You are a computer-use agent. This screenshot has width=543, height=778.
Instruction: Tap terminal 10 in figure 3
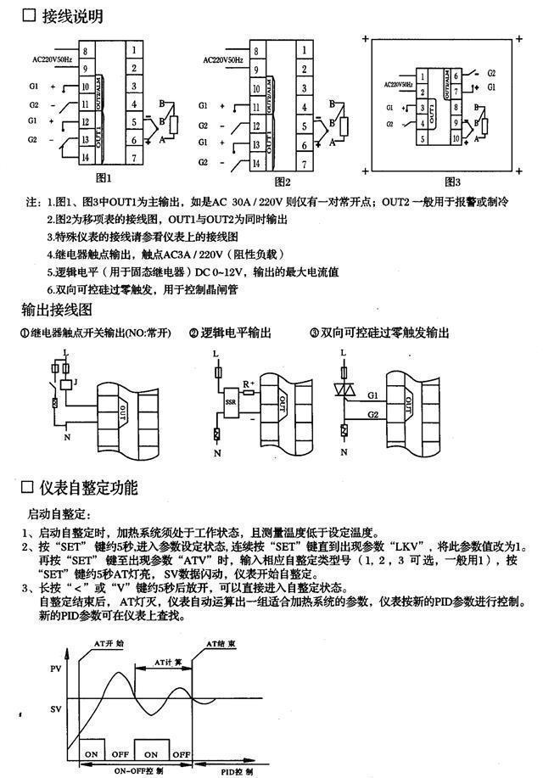pos(456,136)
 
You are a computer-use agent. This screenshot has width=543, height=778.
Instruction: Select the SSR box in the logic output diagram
pos(231,400)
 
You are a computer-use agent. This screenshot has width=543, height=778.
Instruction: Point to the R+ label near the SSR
pos(249,385)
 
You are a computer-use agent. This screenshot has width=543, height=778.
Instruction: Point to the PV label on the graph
pos(56,669)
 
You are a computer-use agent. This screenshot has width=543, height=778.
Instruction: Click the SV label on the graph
pos(56,708)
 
